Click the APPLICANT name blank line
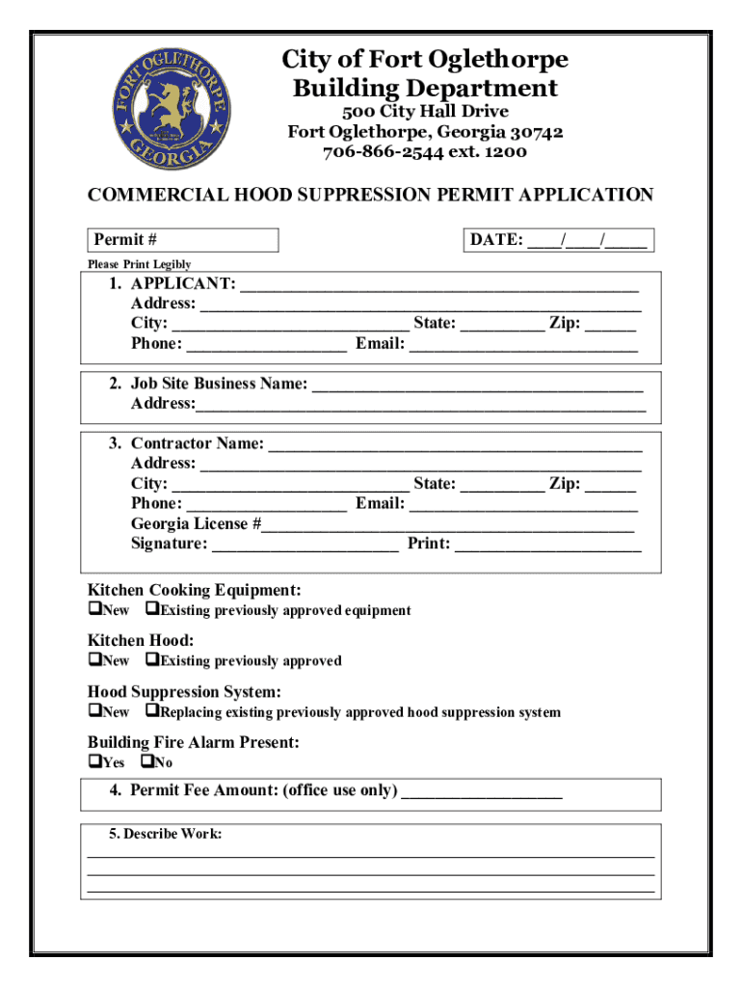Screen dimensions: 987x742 pyautogui.click(x=438, y=284)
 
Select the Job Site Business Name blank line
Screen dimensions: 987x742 pyautogui.click(x=478, y=385)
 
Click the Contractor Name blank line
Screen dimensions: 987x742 pyautogui.click(x=454, y=444)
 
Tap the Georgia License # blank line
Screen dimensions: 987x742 pyautogui.click(x=448, y=524)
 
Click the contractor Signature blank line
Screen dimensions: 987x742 pyautogui.click(x=305, y=545)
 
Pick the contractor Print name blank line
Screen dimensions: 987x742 pyautogui.click(x=547, y=545)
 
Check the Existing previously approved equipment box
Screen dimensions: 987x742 pyautogui.click(x=151, y=610)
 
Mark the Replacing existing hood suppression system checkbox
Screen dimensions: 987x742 pyautogui.click(x=151, y=712)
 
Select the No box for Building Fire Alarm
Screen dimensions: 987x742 pyautogui.click(x=146, y=762)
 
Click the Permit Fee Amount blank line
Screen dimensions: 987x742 pyautogui.click(x=481, y=792)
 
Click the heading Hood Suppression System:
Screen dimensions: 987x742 pyautogui.click(x=184, y=692)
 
